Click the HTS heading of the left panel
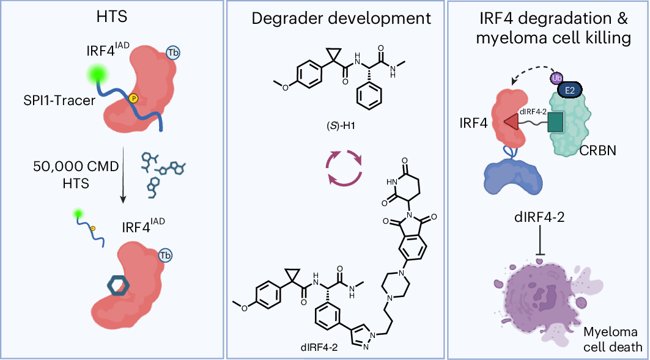[112, 17]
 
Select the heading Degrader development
[341, 19]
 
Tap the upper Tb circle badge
[173, 53]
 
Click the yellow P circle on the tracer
[133, 98]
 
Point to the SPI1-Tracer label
[59, 100]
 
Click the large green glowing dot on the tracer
[98, 75]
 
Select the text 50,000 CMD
[76, 166]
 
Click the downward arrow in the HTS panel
[123, 175]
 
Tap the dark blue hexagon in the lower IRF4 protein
[119, 286]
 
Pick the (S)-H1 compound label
[341, 125]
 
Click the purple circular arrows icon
[344, 167]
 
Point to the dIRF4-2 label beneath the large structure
[319, 347]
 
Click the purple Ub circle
[556, 78]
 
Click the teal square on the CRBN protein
[555, 122]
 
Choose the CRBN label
[597, 150]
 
